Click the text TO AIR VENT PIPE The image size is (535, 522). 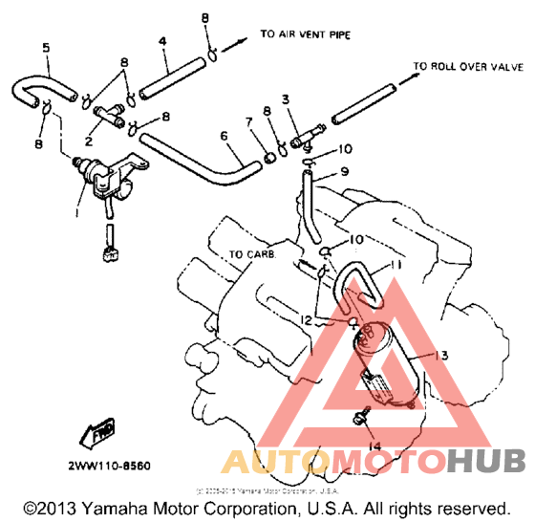[303, 34]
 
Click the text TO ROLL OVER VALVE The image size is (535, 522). [468, 67]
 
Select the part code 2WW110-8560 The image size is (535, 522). [108, 439]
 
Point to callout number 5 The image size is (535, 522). [45, 47]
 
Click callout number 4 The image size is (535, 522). [163, 41]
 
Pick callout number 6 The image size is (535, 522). [225, 137]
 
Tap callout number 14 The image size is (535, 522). [374, 446]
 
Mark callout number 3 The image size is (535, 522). [285, 99]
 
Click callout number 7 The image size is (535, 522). [248, 121]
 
